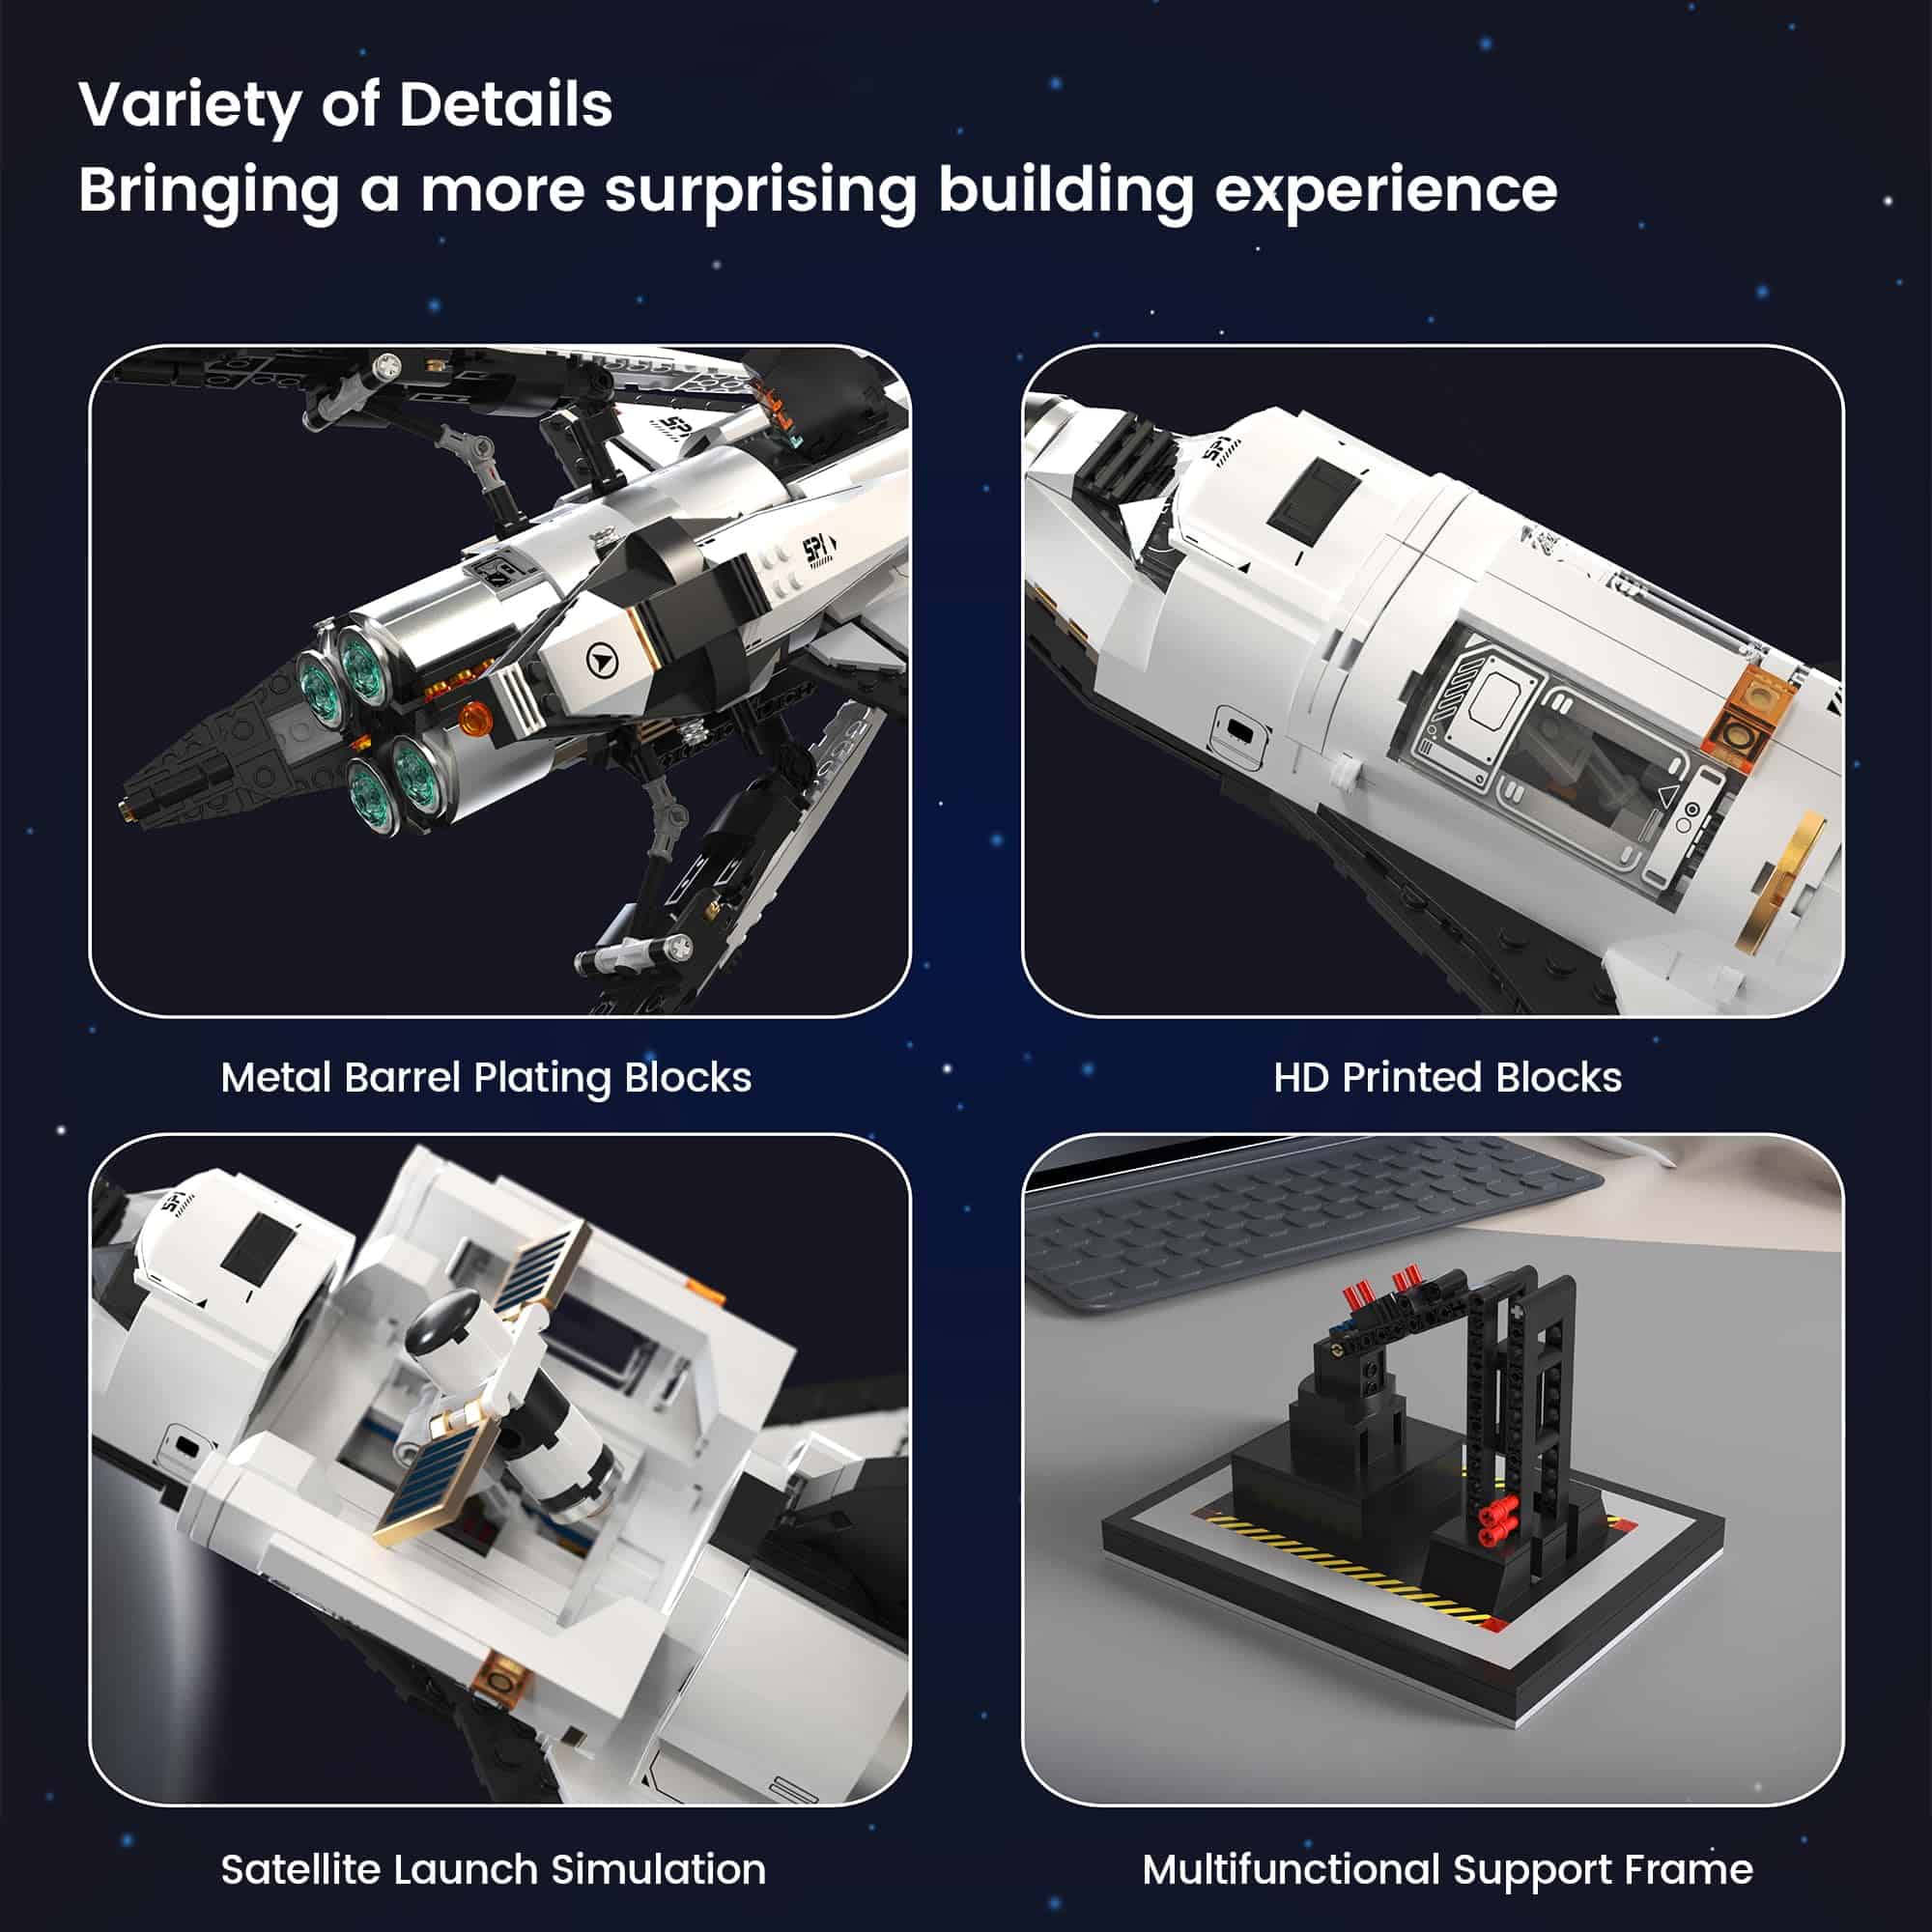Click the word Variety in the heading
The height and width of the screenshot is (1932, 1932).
click(189, 106)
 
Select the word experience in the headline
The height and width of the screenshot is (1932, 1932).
click(1385, 190)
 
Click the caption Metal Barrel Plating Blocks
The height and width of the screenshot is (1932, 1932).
click(486, 1078)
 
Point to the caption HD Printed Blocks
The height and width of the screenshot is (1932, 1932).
click(1447, 1078)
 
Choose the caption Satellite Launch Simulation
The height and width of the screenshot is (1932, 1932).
click(493, 1869)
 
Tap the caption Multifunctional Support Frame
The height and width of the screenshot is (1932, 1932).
click(1447, 1869)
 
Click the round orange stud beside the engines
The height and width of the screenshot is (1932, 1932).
click(474, 718)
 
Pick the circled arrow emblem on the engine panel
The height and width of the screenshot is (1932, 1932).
click(601, 660)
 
